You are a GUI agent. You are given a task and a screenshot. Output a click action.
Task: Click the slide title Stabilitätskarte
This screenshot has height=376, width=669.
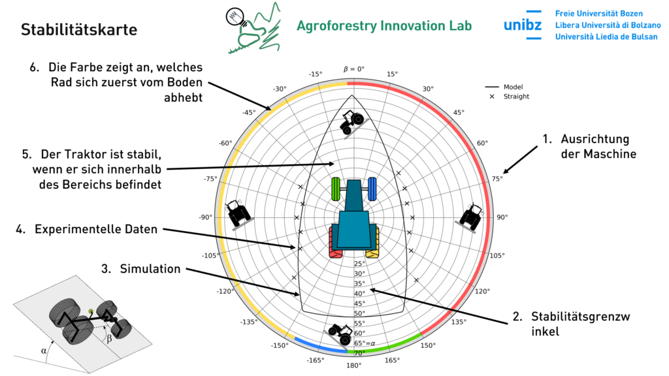coord(79,30)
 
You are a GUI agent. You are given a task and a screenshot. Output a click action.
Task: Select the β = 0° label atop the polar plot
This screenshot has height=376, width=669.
coord(354,69)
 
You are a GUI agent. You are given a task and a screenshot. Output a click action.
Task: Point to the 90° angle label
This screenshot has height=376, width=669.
coord(502,217)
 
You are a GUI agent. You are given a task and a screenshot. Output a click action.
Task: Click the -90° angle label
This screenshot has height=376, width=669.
coord(206,217)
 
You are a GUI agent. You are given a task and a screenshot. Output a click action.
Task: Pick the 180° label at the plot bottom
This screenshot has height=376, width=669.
coord(353,366)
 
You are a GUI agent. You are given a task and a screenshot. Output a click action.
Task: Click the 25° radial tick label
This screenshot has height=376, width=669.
coord(359,264)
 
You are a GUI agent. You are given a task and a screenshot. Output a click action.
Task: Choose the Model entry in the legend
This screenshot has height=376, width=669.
coord(514,87)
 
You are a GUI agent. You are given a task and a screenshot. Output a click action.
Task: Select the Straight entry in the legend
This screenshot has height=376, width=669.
coord(516,97)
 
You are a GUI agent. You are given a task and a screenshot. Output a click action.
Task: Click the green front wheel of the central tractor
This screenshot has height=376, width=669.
coord(336,189)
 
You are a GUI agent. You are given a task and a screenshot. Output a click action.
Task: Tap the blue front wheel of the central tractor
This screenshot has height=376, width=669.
coord(372,189)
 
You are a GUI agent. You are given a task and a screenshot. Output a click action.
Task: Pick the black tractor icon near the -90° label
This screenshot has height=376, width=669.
coord(238,213)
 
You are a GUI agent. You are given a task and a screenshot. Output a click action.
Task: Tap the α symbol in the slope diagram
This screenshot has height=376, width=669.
coord(44,351)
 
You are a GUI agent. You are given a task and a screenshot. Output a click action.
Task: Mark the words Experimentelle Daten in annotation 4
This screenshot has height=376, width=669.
coord(96,229)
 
